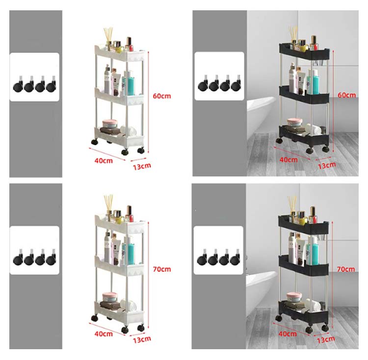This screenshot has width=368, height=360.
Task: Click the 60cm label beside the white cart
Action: tap(162, 96)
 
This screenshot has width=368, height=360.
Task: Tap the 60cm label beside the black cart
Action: tap(346, 95)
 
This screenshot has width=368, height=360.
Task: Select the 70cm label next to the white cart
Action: tap(162, 269)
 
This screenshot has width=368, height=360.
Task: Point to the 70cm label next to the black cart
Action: tap(346, 269)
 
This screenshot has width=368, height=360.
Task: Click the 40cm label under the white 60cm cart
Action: tap(104, 161)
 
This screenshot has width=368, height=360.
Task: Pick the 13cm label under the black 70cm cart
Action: tap(326, 339)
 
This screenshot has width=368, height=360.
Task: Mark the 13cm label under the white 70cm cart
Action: tap(142, 339)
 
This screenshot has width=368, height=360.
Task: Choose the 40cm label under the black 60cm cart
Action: tap(289, 160)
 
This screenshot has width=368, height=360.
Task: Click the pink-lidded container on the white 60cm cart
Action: tap(110, 124)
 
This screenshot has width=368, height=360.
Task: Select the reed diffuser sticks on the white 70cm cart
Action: tap(108, 202)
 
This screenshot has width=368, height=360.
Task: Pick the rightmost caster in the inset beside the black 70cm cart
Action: tap(235, 258)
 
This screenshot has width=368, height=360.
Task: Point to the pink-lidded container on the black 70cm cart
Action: tap(294, 297)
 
